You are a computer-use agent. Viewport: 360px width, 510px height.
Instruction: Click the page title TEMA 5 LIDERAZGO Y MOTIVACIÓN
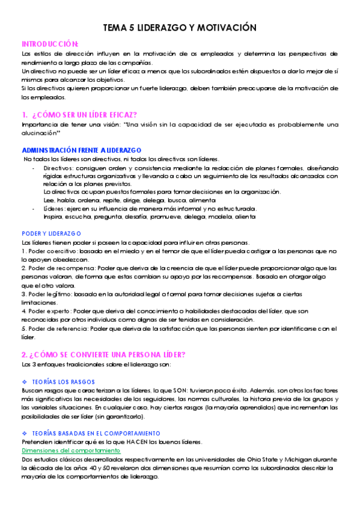[x=180, y=28]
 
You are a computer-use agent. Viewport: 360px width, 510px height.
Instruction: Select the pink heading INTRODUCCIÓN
[x=50, y=44]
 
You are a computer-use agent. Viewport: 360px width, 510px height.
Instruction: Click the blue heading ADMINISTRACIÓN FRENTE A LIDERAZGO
[x=81, y=149]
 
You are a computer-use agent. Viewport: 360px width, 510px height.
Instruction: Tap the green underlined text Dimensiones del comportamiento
[x=70, y=450]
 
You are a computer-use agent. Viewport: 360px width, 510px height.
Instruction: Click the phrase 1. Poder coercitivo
[x=47, y=250]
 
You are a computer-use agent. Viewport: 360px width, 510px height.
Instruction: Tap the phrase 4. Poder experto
[x=45, y=311]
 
